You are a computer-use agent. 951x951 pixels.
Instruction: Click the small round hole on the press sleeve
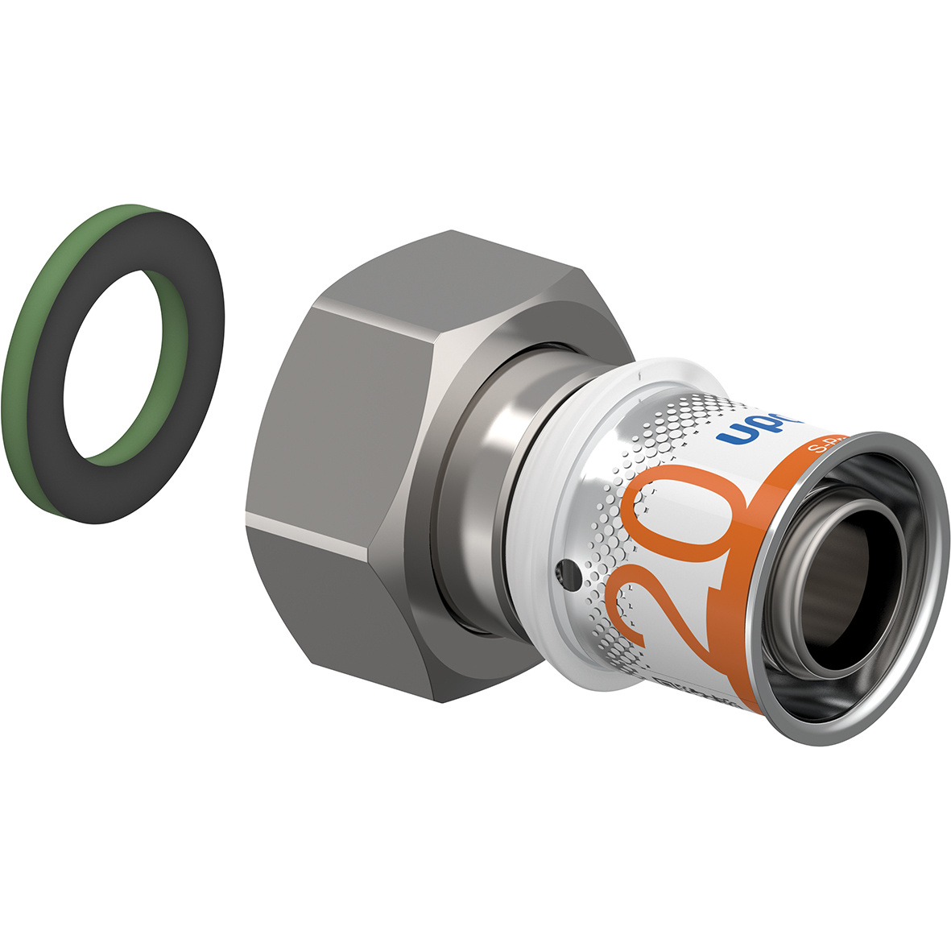[x=569, y=573]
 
